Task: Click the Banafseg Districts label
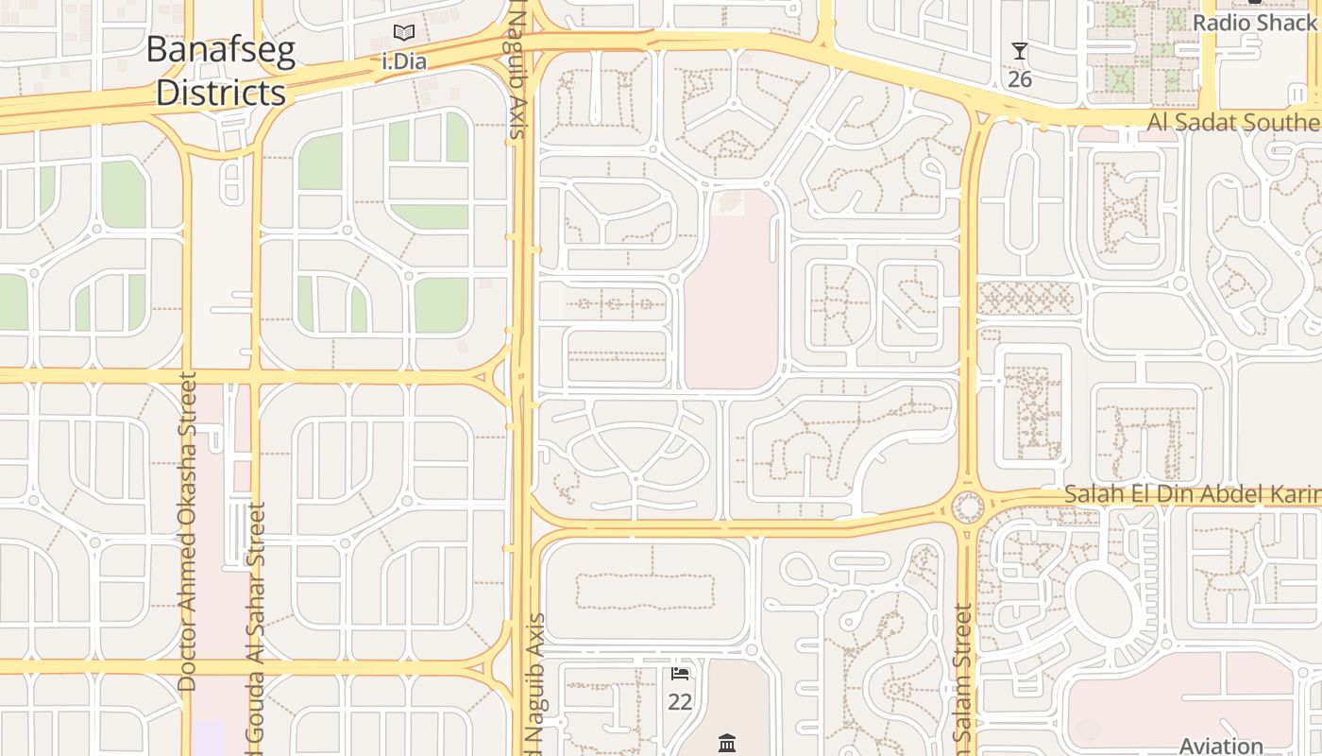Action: pos(220,71)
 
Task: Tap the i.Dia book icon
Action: pos(404,33)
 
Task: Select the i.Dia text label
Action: pos(404,62)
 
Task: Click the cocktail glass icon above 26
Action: pos(1019,51)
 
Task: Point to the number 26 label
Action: pos(1019,78)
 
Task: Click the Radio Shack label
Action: pos(1254,22)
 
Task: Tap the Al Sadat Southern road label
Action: pos(1233,122)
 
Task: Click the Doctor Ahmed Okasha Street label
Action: pos(187,531)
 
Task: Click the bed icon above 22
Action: pos(680,674)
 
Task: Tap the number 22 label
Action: pos(680,702)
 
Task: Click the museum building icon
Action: pos(726,744)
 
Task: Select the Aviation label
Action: pos(1221,746)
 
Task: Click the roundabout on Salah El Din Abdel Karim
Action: pos(968,507)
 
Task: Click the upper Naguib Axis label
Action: pos(517,71)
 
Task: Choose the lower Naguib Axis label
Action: pos(534,685)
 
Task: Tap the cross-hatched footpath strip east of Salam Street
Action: pos(1026,299)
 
